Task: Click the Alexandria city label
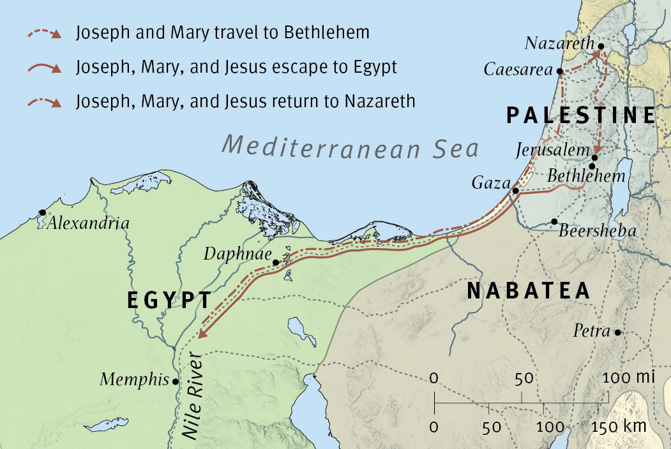88,224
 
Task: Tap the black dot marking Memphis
176,381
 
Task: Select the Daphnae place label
235,254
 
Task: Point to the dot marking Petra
617,332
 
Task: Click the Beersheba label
598,231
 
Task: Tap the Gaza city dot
516,190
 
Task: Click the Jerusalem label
554,151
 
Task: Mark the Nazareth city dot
600,45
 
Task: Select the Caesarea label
518,70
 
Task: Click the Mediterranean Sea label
351,147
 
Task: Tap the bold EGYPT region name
169,300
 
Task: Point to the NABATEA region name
529,291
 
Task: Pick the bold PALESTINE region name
580,115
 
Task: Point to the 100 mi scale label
629,378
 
